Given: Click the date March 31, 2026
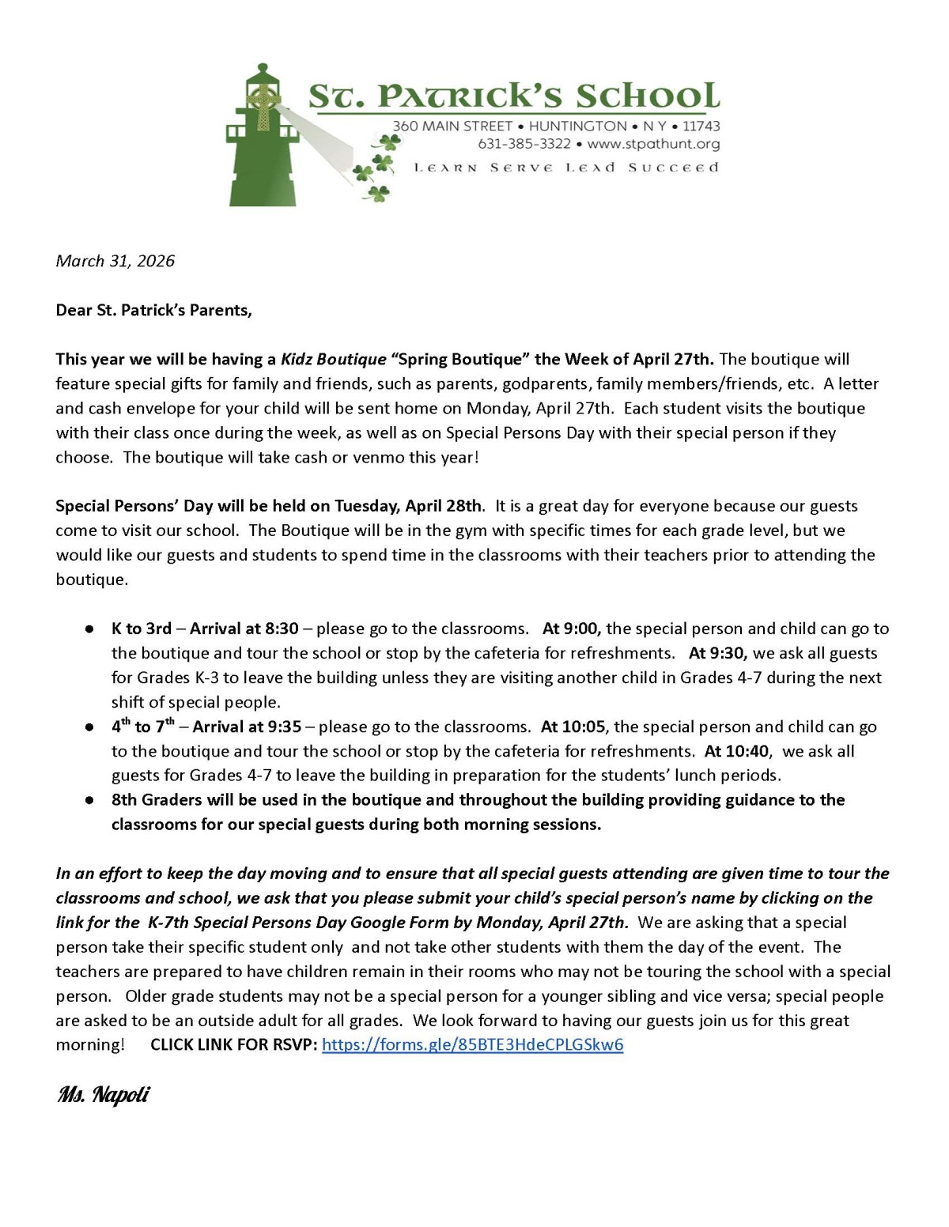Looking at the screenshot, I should (115, 261).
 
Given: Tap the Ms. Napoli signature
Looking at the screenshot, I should (103, 1095).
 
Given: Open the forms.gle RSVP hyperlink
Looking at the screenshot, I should (472, 1044).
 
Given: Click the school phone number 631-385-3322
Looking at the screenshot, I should (524, 144).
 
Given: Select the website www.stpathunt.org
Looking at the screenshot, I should (653, 144).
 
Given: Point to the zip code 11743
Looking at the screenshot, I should (701, 126).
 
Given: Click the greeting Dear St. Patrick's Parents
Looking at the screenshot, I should (153, 310).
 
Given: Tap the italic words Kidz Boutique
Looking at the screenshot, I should (333, 359).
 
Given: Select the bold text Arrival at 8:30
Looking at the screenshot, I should (244, 629).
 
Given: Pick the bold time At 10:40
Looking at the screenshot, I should (736, 751).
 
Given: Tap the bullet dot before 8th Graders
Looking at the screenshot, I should (91, 800).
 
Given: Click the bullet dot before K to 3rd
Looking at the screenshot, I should (91, 629).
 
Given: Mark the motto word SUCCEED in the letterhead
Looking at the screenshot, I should (673, 168).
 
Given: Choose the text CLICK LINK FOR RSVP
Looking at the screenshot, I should (234, 1044).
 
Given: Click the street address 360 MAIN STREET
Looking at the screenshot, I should (452, 126).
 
